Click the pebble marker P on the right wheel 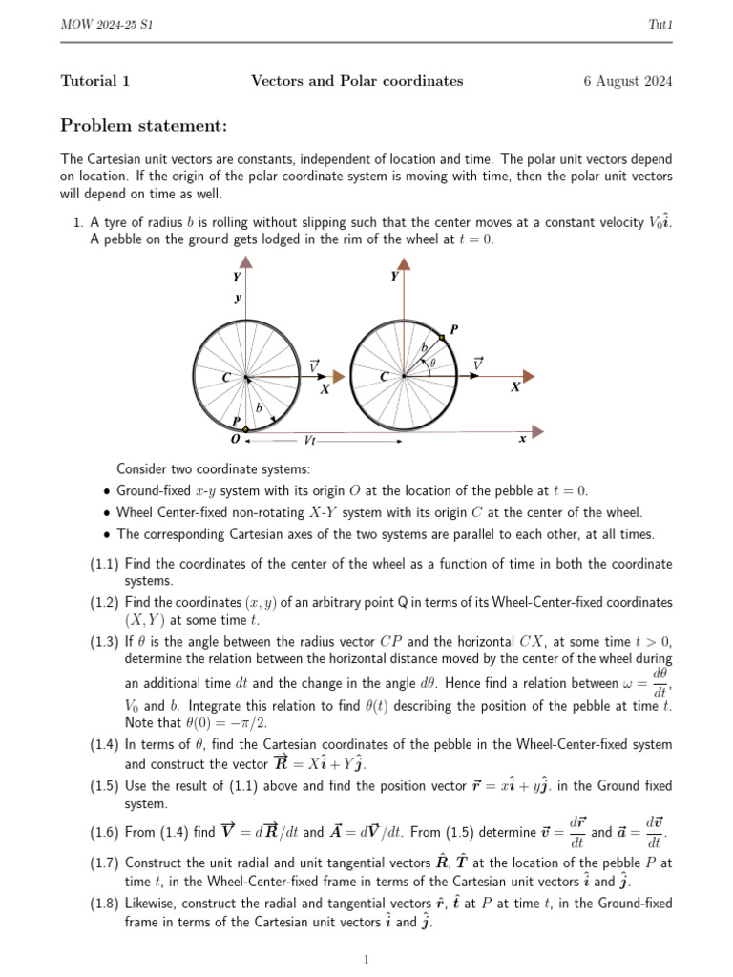(x=442, y=338)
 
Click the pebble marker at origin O (x=245, y=430)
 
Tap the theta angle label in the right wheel (x=432, y=362)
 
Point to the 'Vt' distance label (x=310, y=440)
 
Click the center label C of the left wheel (x=226, y=378)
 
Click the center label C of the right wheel (x=384, y=377)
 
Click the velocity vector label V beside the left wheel (x=315, y=365)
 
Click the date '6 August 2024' (x=627, y=81)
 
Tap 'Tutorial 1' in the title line (x=95, y=81)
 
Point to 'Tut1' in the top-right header (x=661, y=23)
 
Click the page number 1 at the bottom (x=366, y=959)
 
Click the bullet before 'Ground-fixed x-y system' (x=107, y=490)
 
